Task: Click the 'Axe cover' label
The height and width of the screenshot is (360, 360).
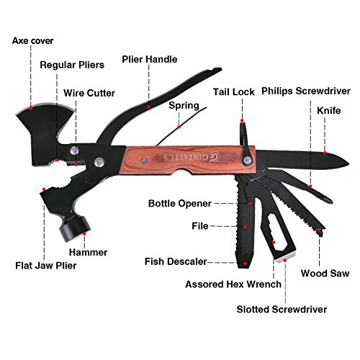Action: point(32,41)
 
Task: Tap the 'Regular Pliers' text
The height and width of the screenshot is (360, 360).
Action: point(72,65)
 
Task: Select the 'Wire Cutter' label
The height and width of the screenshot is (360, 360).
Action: point(89,93)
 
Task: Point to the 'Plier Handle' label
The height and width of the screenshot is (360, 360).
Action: point(150,59)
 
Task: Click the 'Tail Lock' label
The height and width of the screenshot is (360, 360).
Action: point(234,92)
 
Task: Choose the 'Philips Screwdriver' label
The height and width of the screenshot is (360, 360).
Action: point(306,91)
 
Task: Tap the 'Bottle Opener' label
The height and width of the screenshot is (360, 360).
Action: point(180,204)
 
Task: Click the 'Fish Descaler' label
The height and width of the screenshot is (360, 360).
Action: point(176,261)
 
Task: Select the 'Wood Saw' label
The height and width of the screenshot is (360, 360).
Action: point(325,274)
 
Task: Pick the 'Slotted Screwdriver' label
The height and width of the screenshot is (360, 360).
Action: point(282,310)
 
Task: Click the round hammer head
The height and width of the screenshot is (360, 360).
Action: point(74,228)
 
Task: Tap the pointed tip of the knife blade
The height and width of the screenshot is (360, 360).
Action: point(348,164)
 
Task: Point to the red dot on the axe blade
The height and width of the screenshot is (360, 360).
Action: point(31,108)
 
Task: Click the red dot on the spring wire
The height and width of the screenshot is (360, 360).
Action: point(179,127)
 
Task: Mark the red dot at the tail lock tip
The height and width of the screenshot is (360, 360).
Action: point(242,121)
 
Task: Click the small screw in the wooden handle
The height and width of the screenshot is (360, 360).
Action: point(144,160)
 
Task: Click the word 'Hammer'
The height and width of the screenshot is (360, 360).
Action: point(89,253)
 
